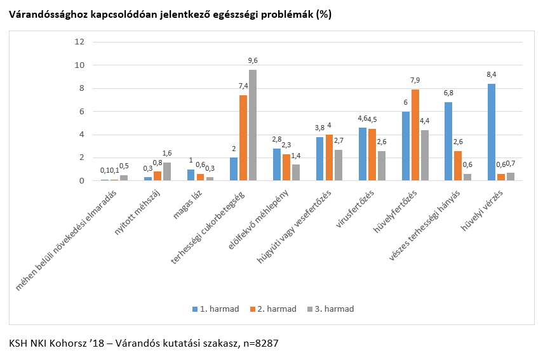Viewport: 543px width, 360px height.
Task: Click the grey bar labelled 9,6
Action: pos(253,125)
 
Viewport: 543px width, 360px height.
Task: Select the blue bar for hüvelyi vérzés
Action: pos(492,132)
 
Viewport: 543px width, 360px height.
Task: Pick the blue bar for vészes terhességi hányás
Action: pos(448,141)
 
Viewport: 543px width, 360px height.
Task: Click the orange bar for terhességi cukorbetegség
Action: pos(243,138)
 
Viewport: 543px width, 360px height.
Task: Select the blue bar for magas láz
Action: pos(191,175)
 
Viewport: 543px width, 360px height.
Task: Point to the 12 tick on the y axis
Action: pos(79,42)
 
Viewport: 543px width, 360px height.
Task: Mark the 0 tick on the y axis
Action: pos(81,181)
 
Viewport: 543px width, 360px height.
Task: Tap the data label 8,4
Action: pos(492,76)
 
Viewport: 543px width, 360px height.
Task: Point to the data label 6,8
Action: pos(448,93)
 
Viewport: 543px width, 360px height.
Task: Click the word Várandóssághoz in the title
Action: pos(46,15)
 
